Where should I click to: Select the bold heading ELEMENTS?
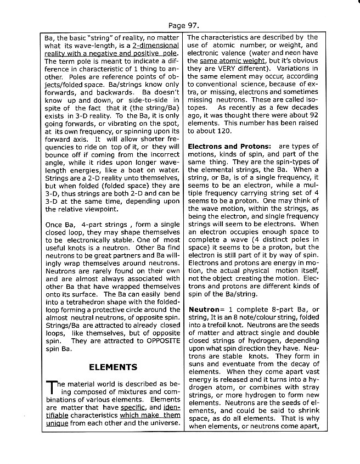113,367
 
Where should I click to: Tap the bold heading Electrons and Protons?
229,147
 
